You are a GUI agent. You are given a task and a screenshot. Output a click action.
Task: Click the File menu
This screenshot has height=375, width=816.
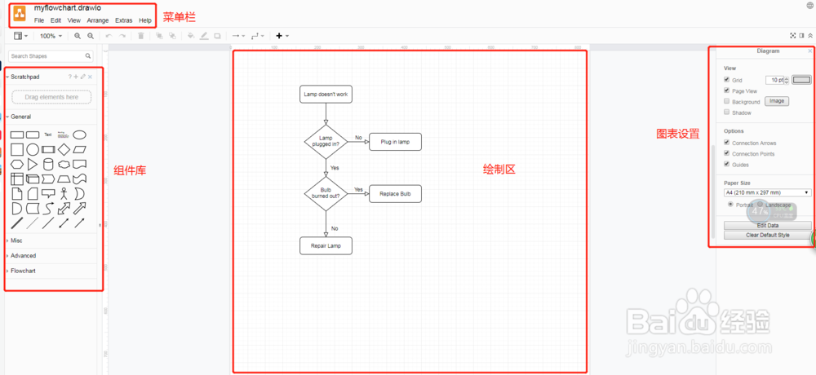pyautogui.click(x=39, y=20)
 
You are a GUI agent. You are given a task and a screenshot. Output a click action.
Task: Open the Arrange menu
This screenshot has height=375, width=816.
pyautogui.click(x=98, y=20)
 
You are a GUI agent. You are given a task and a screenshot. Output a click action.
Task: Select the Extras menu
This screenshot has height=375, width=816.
pyautogui.click(x=124, y=20)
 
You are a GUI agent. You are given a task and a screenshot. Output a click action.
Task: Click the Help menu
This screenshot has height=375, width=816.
pyautogui.click(x=145, y=20)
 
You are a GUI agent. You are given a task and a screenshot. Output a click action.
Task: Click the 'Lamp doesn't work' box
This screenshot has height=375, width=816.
pyautogui.click(x=326, y=95)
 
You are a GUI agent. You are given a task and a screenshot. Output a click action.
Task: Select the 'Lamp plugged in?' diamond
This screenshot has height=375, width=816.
pyautogui.click(x=326, y=141)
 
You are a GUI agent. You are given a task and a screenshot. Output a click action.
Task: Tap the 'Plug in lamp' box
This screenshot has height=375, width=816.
pyautogui.click(x=395, y=142)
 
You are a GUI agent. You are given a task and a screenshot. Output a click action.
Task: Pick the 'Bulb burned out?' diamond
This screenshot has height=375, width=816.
pyautogui.click(x=326, y=193)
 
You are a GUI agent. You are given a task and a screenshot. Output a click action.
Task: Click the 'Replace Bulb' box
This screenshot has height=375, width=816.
pyautogui.click(x=395, y=194)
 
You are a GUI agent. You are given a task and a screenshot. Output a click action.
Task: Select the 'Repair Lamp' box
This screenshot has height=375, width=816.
pyautogui.click(x=326, y=245)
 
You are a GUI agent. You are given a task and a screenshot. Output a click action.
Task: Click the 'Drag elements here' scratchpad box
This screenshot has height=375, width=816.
pyautogui.click(x=52, y=97)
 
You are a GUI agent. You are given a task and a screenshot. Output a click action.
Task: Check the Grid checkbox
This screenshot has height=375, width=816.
pyautogui.click(x=727, y=80)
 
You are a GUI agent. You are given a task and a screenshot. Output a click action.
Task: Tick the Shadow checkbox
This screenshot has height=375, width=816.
pyautogui.click(x=727, y=112)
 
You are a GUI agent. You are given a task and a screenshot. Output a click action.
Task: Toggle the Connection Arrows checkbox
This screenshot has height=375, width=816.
pyautogui.click(x=727, y=143)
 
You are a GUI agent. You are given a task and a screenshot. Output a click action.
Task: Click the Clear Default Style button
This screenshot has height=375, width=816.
pyautogui.click(x=768, y=235)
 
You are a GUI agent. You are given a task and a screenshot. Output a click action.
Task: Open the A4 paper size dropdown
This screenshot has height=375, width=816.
pyautogui.click(x=767, y=192)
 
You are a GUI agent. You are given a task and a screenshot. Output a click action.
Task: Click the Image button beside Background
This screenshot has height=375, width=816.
pyautogui.click(x=777, y=101)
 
